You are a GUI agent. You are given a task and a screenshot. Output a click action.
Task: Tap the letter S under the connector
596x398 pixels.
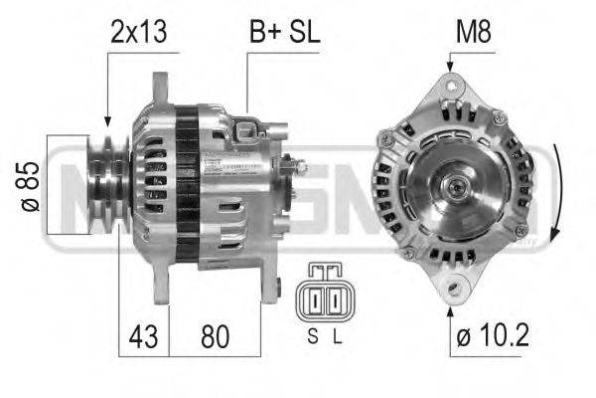(312, 336)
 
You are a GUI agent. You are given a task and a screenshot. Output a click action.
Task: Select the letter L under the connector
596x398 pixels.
(337, 336)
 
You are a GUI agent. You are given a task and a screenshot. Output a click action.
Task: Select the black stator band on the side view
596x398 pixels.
(186, 179)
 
